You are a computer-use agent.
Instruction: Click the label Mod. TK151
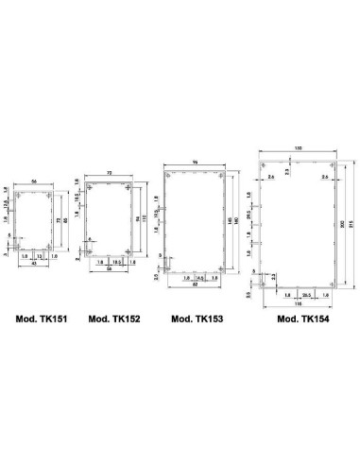coord(40,319)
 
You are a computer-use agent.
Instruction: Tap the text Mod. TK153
coord(197,319)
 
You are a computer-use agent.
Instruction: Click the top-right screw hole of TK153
coord(221,177)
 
